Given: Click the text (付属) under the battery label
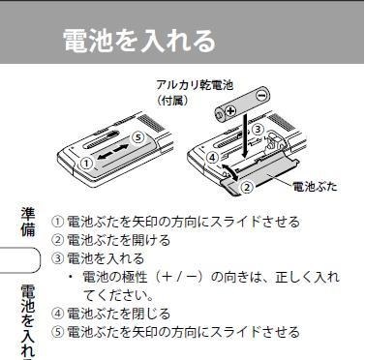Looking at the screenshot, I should click(x=174, y=101).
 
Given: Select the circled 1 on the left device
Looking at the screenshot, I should click(x=87, y=163).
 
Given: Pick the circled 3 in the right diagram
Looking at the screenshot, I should click(x=258, y=129).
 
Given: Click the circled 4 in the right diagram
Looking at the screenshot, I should click(x=212, y=157).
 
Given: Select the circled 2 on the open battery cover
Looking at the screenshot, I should click(x=247, y=186).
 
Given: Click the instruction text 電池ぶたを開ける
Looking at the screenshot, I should click(x=117, y=240).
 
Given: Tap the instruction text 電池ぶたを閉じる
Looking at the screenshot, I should click(x=117, y=314).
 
